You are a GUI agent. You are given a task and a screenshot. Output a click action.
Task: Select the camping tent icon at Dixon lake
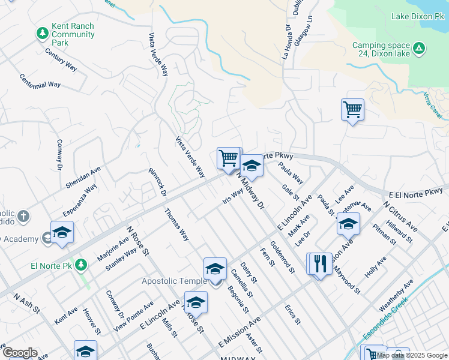419,47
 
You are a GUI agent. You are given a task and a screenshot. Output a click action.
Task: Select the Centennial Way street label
40,81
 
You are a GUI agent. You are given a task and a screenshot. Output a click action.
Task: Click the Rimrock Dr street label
157,181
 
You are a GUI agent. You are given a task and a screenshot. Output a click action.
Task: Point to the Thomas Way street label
176,224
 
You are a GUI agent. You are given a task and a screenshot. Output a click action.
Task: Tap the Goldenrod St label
282,257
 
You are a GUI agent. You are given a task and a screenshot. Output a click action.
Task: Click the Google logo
20,353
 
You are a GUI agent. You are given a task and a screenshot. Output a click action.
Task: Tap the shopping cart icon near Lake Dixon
352,110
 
